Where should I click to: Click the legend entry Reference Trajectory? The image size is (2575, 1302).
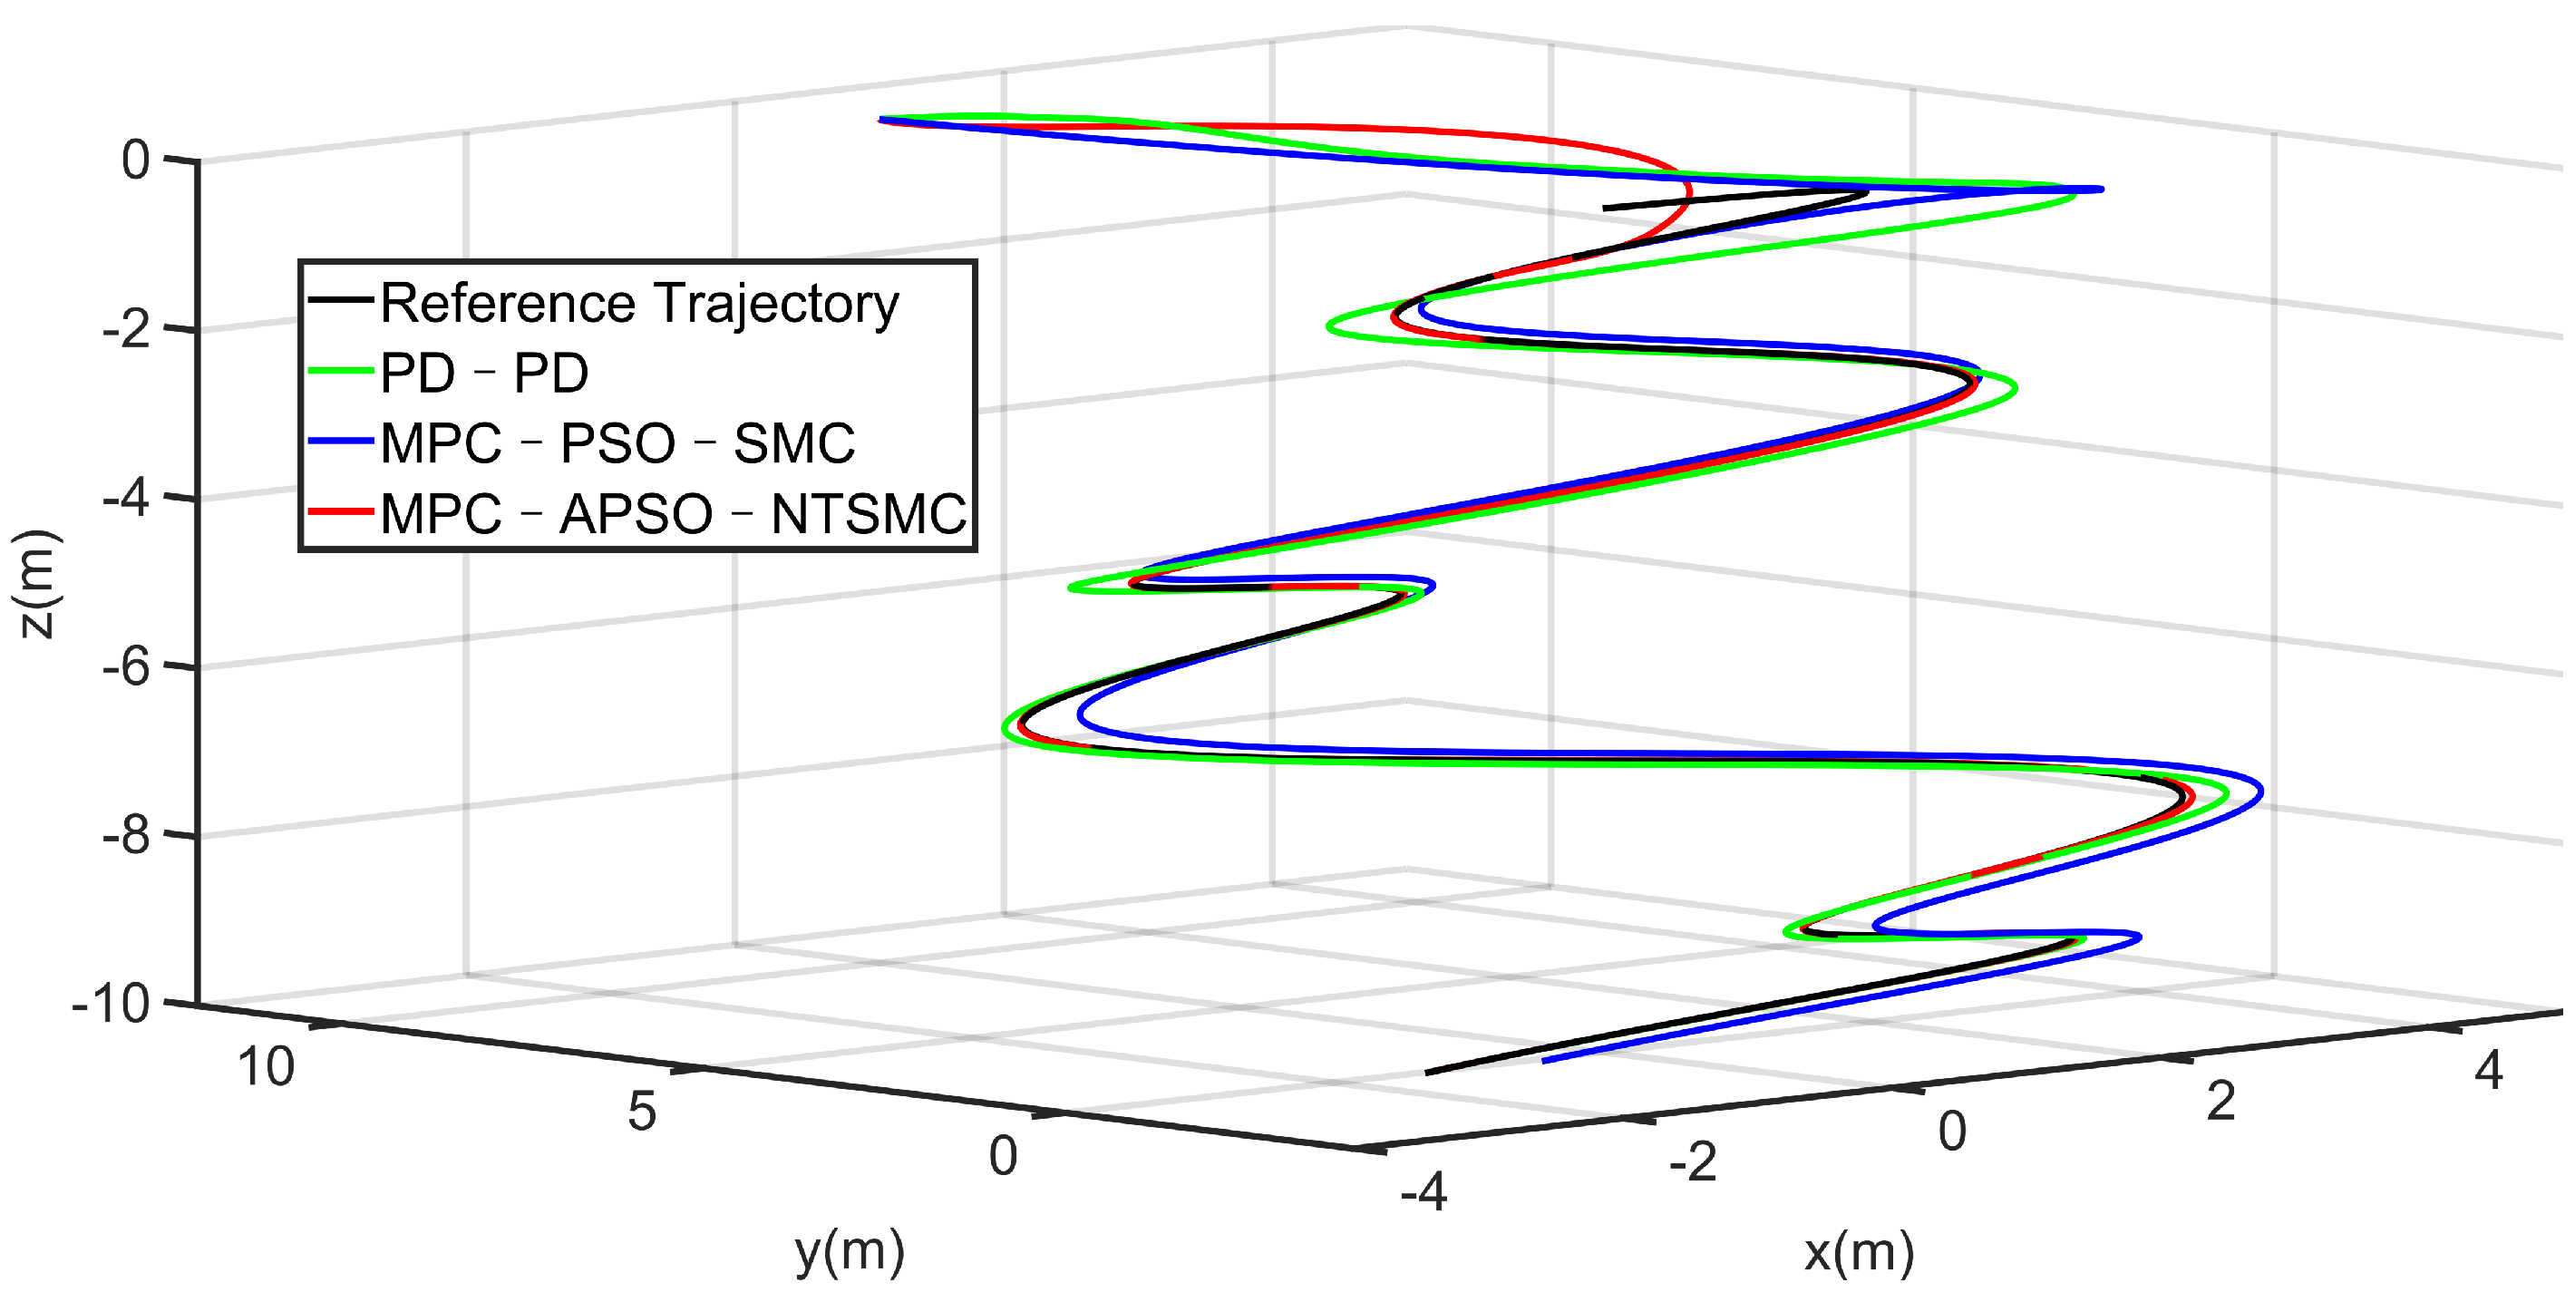point(640,303)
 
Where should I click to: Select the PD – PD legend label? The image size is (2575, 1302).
point(484,374)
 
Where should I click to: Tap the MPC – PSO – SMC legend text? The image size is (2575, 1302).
point(617,443)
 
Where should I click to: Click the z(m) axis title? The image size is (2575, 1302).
point(38,585)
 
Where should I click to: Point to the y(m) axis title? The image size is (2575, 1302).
point(850,1251)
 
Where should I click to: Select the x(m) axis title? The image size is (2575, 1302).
point(1860,1251)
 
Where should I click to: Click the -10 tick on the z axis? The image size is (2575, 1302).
point(111,1002)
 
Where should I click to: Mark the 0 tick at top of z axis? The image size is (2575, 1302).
point(136,160)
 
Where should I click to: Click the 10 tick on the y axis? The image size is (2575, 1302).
point(265,1067)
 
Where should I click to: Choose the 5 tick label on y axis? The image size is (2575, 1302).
point(642,1112)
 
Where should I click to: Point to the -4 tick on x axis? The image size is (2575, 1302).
point(1424,1191)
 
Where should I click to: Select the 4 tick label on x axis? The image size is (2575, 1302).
point(2488,1070)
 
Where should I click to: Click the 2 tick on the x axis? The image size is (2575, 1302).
point(2220,1101)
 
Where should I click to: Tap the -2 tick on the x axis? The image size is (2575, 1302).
point(1693,1162)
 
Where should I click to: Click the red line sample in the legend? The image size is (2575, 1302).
point(340,511)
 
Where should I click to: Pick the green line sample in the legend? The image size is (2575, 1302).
point(340,372)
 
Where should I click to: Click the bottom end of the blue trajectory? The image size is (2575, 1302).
point(1545,1060)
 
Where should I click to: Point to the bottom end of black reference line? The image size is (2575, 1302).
point(1427,1074)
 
